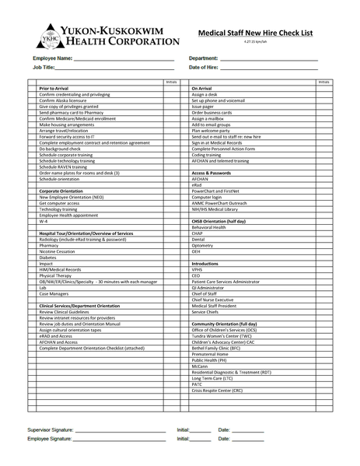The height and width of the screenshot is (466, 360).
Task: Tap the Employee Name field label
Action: tap(52, 59)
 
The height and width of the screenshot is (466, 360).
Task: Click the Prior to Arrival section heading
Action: tap(54, 89)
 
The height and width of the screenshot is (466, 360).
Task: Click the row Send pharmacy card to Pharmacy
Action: tap(71, 112)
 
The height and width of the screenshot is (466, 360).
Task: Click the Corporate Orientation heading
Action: tap(62, 190)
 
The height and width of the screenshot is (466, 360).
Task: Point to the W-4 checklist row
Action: tap(44, 222)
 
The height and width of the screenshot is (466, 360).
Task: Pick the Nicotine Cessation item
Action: tap(57, 251)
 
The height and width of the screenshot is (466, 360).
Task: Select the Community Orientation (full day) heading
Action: tap(224, 322)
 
